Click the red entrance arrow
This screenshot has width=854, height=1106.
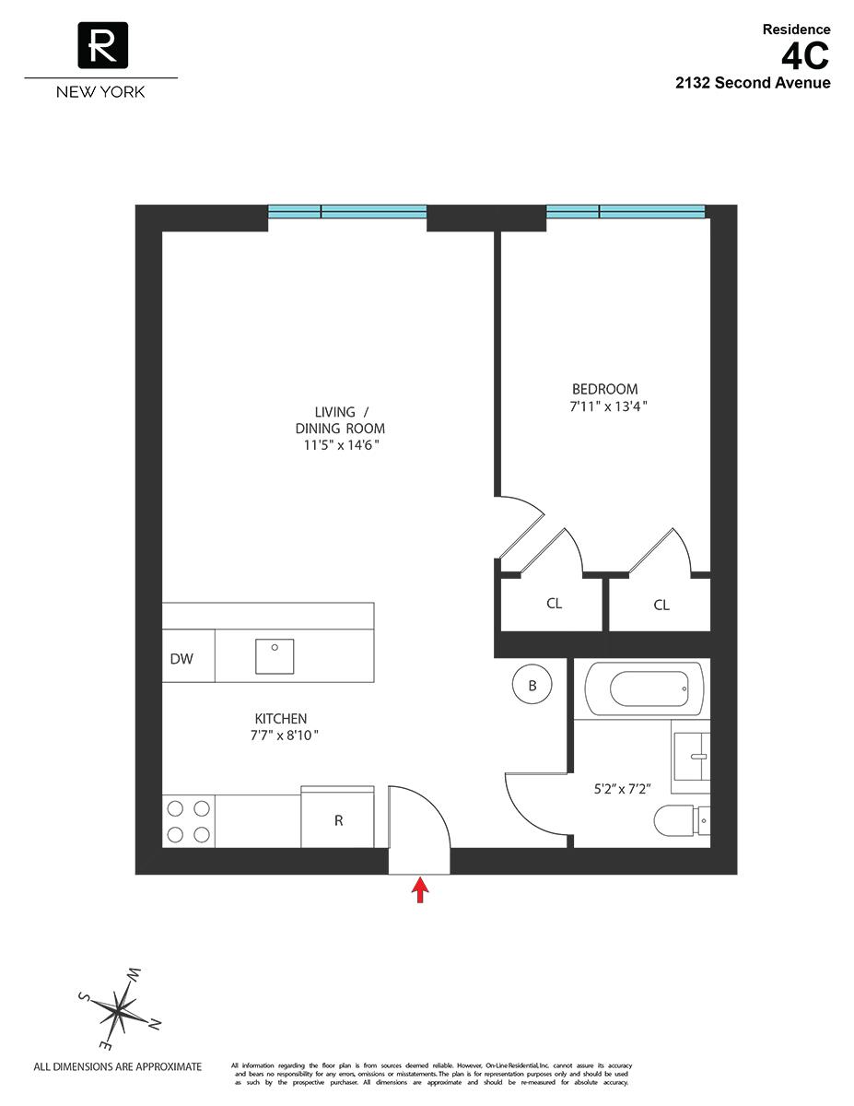click(420, 889)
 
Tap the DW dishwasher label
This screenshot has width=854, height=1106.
click(181, 659)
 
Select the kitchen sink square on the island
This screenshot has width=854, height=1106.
click(275, 656)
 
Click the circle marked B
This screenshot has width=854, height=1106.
click(532, 686)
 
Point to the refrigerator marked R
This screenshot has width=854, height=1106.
click(338, 819)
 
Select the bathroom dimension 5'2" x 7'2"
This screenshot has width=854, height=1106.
click(622, 789)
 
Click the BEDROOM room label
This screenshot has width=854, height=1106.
click(604, 390)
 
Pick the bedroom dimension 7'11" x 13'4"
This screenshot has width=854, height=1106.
click(604, 406)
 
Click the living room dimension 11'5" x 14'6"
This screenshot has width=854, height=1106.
click(337, 445)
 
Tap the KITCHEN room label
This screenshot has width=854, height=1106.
click(281, 719)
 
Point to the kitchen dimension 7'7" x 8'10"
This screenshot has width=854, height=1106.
click(281, 735)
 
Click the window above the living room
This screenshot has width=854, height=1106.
click(347, 212)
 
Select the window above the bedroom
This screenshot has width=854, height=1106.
click(626, 212)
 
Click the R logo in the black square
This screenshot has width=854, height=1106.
click(102, 45)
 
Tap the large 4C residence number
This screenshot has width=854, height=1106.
click(805, 57)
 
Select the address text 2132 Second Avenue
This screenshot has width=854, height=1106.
click(753, 83)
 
